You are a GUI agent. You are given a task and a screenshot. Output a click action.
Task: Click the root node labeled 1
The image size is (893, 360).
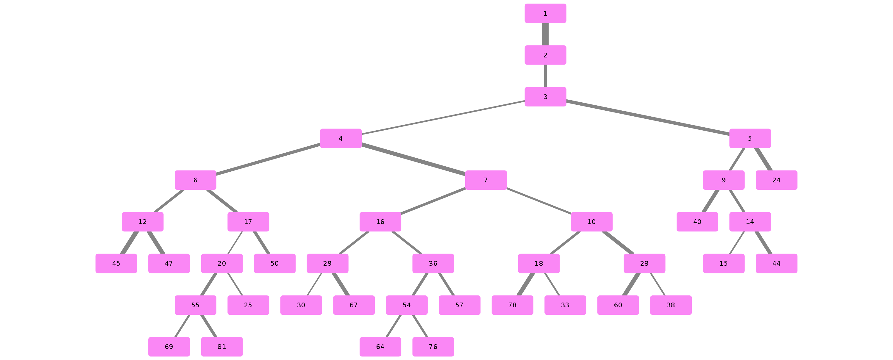545,13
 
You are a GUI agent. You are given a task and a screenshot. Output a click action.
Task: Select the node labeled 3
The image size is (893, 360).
545,97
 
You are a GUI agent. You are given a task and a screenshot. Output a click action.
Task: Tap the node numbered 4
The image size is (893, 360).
341,139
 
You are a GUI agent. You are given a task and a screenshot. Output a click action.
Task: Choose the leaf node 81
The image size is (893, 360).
222,347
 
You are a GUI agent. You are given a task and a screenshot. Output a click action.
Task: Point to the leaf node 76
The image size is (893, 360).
433,347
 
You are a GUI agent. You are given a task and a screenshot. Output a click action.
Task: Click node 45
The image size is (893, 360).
116,263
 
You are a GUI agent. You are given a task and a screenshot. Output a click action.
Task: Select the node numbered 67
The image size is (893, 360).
354,305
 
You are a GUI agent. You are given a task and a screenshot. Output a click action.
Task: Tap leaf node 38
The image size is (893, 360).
671,305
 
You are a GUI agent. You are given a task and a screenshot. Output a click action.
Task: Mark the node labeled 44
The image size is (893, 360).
777,263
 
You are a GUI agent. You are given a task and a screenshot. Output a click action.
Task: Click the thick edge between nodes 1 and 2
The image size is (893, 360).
545,34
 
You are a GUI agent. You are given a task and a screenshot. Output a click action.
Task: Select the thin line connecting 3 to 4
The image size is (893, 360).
443,118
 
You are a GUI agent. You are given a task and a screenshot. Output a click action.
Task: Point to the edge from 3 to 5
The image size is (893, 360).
647,118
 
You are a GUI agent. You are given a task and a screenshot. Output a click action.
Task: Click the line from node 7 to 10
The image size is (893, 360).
539,201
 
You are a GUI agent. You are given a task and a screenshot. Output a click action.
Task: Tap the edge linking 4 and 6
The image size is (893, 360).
268,159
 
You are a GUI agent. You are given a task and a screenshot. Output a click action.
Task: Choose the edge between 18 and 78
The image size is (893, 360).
526,284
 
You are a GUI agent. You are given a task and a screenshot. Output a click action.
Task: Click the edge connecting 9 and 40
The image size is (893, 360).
710,201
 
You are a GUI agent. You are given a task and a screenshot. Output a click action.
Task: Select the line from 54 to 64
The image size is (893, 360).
394,326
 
